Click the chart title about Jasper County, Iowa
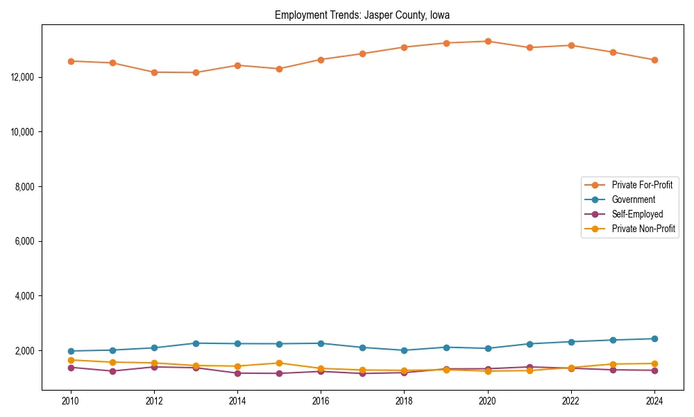[362, 15]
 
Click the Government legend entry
[633, 199]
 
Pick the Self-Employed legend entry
[637, 214]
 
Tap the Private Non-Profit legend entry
[643, 229]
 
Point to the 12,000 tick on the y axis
[24, 77]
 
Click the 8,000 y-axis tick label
[26, 187]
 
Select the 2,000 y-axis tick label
[26, 351]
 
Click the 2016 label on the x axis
[321, 401]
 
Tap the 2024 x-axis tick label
[654, 401]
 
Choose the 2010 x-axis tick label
[70, 401]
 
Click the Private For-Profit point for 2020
[488, 41]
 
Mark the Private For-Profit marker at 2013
[196, 72]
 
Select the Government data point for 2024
[654, 338]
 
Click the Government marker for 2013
[196, 343]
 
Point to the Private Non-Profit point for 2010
[70, 360]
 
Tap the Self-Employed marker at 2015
[279, 373]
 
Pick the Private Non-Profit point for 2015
[279, 363]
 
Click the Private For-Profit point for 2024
[654, 60]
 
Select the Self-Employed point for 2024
[654, 370]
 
